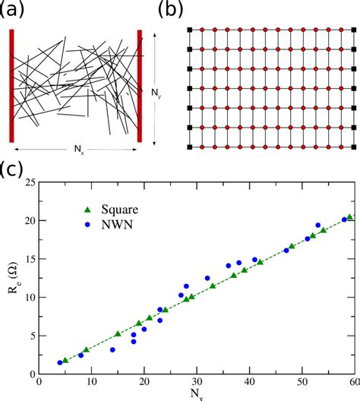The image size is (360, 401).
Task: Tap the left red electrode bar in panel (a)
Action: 12,86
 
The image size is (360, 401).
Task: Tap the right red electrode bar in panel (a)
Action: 140,86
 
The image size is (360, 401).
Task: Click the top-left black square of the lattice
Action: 190,30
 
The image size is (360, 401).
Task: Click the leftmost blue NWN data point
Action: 60,362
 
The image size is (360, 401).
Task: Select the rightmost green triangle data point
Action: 349,217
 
